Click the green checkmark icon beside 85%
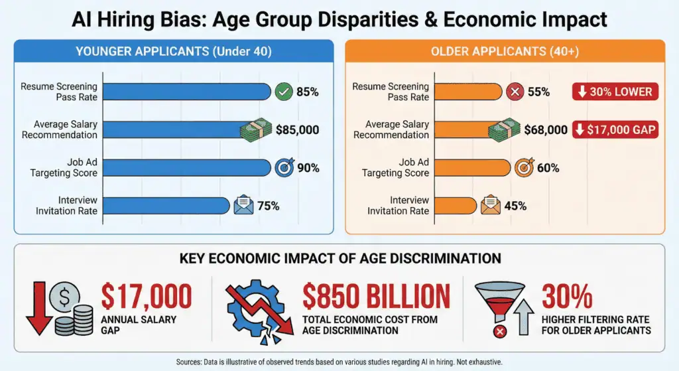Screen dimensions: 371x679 pos(284,92)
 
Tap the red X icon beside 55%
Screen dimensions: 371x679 pos(515,92)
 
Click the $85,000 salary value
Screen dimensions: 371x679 pos(298,129)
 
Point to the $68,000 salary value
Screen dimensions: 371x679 pos(545,129)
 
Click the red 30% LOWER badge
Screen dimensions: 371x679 pos(615,92)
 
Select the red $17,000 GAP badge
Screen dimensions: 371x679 pos(615,129)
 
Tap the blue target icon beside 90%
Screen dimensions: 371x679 pos(284,167)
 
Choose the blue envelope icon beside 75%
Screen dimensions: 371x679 pos(243,206)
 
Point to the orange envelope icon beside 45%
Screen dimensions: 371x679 pos(491,206)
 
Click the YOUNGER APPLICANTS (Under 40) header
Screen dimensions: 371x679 pos(173,51)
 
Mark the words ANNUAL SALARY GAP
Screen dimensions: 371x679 pos(130,325)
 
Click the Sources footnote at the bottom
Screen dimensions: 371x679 pos(339,362)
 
